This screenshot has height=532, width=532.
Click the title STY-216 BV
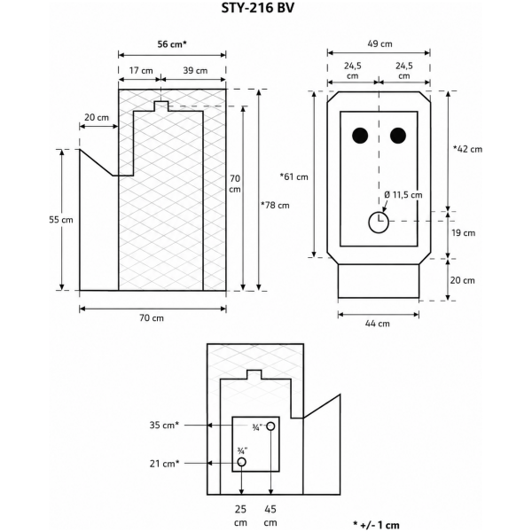click(258, 8)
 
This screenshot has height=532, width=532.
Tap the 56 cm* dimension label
click(172, 44)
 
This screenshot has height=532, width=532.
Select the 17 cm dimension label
click(141, 71)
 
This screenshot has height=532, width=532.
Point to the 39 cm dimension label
click(195, 71)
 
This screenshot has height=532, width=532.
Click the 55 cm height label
click(61, 220)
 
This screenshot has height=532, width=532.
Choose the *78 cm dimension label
click(275, 206)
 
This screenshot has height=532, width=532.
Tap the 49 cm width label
click(380, 43)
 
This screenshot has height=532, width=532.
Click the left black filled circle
click(360, 136)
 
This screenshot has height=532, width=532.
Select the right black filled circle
click(398, 136)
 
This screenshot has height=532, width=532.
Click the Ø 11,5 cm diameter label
click(403, 195)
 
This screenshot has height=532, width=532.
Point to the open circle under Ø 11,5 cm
click(379, 223)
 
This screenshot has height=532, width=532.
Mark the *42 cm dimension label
click(467, 149)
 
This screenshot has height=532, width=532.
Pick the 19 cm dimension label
click(463, 233)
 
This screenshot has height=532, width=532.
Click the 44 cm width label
click(378, 324)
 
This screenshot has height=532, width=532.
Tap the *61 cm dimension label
click(293, 176)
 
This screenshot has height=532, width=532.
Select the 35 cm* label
click(164, 425)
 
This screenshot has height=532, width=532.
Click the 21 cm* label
click(164, 464)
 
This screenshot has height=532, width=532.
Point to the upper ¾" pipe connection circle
click(270, 426)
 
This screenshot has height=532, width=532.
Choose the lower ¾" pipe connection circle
click(241, 462)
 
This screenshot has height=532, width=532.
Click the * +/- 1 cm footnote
click(376, 525)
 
